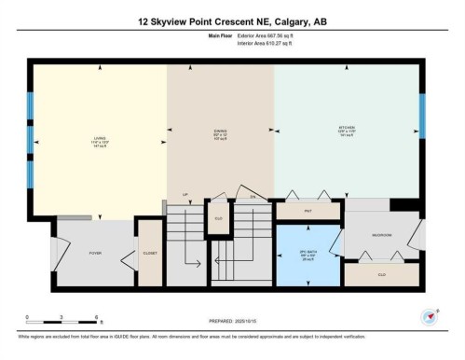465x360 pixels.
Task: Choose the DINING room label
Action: pos(220,140)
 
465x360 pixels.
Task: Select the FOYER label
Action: pos(95,253)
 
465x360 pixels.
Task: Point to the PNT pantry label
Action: pos(308,212)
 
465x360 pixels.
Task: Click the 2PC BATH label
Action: pos(308,254)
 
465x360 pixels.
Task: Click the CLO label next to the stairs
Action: pos(217,218)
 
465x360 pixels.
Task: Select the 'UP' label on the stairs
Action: pos(185,197)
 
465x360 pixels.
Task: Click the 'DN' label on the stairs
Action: pos(252,197)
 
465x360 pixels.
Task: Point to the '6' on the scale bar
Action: pos(71,317)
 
